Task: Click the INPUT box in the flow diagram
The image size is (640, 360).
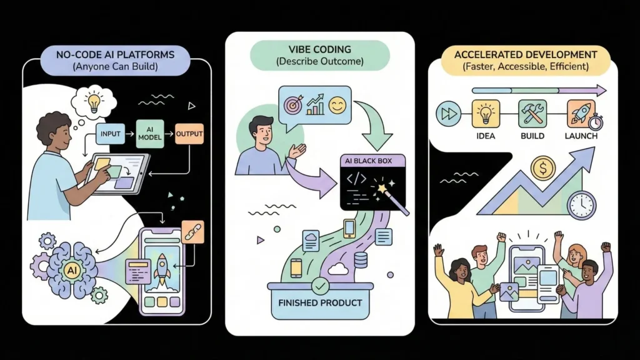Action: click(111, 133)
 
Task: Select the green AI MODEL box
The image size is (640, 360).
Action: click(150, 134)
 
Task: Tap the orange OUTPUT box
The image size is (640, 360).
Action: click(189, 134)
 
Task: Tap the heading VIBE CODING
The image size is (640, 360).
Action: click(319, 49)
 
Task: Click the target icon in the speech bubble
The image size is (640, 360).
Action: click(292, 105)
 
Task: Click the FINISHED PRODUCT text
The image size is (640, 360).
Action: click(320, 303)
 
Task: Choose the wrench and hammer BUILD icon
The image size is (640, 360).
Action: click(532, 114)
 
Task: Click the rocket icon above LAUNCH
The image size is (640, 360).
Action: click(581, 113)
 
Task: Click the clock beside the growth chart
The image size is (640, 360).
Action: click(581, 204)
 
